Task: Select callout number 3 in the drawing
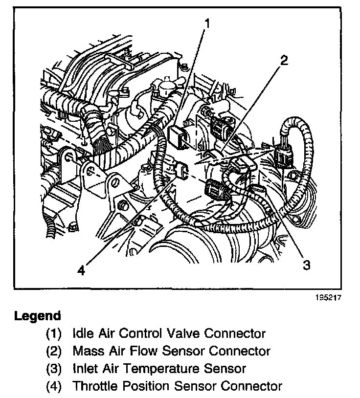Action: point(307,265)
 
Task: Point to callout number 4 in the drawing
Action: point(81,269)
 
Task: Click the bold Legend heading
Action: point(38,315)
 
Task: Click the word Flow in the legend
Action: point(138,351)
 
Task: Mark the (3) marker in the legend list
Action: point(54,368)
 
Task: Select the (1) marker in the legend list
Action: point(54,333)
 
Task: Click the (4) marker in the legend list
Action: point(54,386)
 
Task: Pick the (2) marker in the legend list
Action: point(54,351)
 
